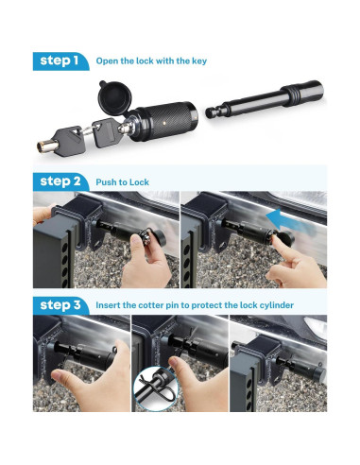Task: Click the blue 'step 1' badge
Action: click(x=60, y=61)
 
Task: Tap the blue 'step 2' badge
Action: click(x=60, y=181)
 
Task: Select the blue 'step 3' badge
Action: click(x=60, y=305)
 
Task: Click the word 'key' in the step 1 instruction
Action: click(x=199, y=61)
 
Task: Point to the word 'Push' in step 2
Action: click(x=106, y=182)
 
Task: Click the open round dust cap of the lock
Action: click(x=113, y=96)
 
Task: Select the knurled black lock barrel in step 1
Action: click(x=164, y=121)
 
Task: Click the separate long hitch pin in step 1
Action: click(x=265, y=99)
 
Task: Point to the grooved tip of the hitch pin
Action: click(x=213, y=112)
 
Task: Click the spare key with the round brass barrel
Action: click(x=61, y=141)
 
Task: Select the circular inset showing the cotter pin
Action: click(x=156, y=389)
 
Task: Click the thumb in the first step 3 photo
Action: click(x=60, y=377)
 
